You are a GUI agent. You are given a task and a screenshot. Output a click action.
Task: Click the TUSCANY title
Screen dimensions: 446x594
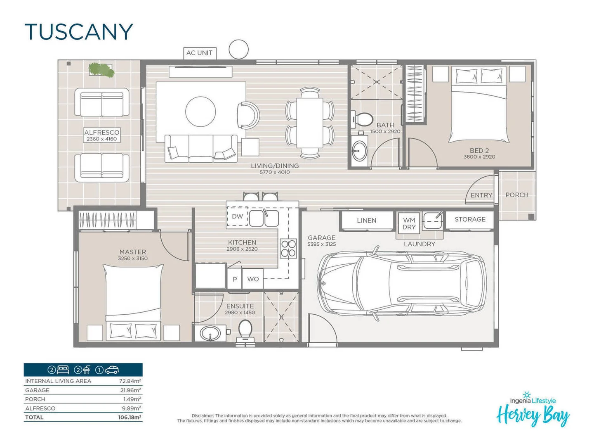point(79,32)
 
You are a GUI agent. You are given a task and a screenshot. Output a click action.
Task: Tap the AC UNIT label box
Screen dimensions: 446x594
point(200,53)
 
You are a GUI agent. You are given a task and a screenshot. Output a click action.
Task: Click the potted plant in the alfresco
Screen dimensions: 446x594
point(101,70)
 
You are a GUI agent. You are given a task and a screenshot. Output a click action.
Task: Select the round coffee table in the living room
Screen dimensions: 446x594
point(200,111)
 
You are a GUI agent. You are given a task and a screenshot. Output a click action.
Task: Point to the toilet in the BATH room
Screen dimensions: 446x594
point(363,119)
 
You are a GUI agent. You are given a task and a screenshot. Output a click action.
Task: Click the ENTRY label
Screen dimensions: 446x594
point(481,195)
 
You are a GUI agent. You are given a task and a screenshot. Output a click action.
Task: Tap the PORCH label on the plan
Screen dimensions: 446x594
point(516,195)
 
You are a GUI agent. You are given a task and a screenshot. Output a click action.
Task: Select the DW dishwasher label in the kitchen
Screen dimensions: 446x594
point(237,216)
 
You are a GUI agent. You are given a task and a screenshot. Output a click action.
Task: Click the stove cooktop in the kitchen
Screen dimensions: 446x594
point(288,248)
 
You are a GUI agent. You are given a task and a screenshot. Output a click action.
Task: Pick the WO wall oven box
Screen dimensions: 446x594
point(253,279)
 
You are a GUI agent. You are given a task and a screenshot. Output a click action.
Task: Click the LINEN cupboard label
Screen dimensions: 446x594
point(366,221)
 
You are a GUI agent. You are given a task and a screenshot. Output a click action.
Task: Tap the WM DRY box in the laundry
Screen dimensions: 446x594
point(409,224)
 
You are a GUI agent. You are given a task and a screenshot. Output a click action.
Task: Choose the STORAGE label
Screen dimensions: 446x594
point(470,219)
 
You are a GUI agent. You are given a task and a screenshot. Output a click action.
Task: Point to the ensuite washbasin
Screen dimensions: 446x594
point(210,333)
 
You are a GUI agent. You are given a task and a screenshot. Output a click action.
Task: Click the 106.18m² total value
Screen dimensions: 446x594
point(129,418)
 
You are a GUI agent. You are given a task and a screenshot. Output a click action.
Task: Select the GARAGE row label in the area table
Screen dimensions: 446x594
point(37,390)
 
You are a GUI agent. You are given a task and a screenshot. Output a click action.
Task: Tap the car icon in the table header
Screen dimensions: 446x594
point(112,370)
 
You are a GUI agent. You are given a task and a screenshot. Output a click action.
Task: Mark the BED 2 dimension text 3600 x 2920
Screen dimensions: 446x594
point(479,157)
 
